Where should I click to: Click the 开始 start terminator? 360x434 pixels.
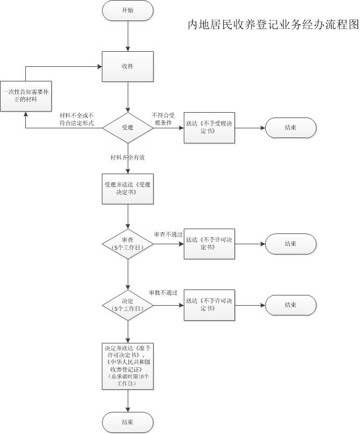tap(128, 10)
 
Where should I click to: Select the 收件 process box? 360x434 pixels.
tap(128, 66)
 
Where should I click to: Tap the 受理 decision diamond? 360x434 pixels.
tap(128, 128)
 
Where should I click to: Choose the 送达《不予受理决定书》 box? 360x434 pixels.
tap(209, 128)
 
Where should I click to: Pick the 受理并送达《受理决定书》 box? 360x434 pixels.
tap(128, 189)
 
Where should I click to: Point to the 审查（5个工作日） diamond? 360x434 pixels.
tap(128, 244)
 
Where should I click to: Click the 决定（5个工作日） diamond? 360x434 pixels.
tap(128, 305)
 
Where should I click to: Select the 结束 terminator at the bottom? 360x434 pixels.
tap(128, 422)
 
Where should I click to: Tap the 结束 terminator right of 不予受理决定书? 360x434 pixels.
tap(290, 128)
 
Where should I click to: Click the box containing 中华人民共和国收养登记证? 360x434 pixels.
tap(128, 366)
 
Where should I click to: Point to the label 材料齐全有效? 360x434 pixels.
tap(127, 158)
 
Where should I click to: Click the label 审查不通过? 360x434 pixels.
tap(168, 235)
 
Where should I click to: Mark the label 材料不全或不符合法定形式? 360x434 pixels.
tap(77, 119)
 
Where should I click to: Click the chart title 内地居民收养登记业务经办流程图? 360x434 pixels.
tap(273, 25)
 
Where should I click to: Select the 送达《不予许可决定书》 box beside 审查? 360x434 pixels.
tap(209, 244)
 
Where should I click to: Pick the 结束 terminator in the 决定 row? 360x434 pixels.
tap(290, 305)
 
